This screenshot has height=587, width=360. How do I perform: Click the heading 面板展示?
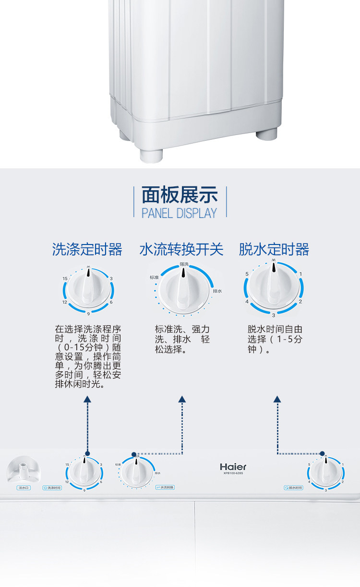click(180, 195)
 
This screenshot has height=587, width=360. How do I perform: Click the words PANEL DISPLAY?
click(180, 213)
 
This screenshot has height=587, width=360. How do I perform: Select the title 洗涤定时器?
click(87, 250)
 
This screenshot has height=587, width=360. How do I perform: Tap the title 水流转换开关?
click(181, 250)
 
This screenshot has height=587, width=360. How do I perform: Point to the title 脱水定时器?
click(274, 250)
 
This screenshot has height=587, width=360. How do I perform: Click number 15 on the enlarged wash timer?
click(65, 279)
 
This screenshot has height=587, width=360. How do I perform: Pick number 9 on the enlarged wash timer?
click(88, 314)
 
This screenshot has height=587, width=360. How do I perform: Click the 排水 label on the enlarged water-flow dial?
click(217, 291)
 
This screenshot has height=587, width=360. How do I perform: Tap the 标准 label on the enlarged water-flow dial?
click(154, 278)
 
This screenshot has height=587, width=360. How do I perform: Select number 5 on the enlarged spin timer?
click(247, 274)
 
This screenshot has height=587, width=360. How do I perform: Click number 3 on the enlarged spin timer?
click(274, 315)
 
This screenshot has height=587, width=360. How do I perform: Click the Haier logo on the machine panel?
click(233, 466)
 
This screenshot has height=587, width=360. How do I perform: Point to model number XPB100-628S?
click(233, 474)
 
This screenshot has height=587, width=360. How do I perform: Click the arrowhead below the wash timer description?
click(87, 399)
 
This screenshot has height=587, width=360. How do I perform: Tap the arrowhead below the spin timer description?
click(277, 399)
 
